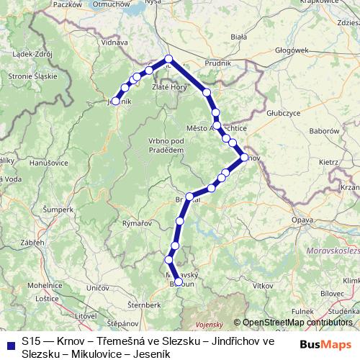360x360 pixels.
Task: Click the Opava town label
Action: [303, 217]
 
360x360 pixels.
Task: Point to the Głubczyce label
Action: [283, 113]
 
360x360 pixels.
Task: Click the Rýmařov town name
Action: [137, 224]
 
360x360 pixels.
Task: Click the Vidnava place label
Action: [114, 42]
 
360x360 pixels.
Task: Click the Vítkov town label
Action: [262, 286]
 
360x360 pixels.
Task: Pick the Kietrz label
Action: [328, 162]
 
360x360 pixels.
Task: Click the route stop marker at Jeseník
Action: [115, 102]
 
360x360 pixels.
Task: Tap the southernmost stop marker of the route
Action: [178, 282]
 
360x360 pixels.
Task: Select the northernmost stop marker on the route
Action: [168, 59]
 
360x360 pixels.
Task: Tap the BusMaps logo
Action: [325, 345]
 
